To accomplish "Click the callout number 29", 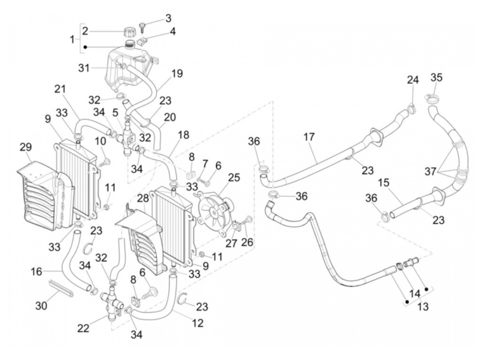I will [x=25, y=147].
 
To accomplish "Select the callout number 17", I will [x=309, y=137].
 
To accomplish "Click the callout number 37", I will [x=430, y=171].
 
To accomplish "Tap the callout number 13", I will [x=423, y=306].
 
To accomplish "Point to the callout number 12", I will [x=198, y=322].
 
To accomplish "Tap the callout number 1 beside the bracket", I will [x=72, y=40].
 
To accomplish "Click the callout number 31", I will [x=84, y=68].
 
